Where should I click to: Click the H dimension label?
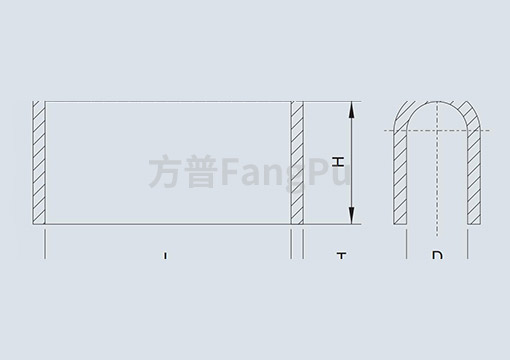[338, 160]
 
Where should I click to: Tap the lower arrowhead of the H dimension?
[350, 217]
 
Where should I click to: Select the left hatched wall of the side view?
[40, 162]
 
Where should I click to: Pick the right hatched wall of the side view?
[296, 162]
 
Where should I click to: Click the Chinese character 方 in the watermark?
[164, 171]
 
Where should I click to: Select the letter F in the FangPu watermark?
[222, 171]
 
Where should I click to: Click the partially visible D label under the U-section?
[437, 255]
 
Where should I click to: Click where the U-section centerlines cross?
[437, 131]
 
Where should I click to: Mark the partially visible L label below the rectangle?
[166, 256]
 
